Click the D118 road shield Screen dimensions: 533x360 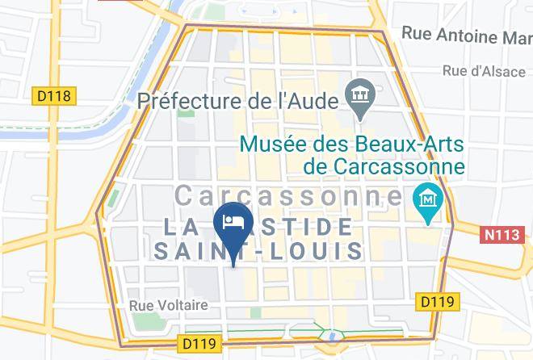pos(54,96)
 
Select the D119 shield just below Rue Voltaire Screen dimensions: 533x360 pos(199,344)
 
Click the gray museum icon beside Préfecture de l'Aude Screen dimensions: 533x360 pos(356,95)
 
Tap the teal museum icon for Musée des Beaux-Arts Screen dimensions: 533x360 pos(424,197)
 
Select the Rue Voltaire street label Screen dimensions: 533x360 pos(169,305)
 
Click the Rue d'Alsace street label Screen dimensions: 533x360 pos(485,71)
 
